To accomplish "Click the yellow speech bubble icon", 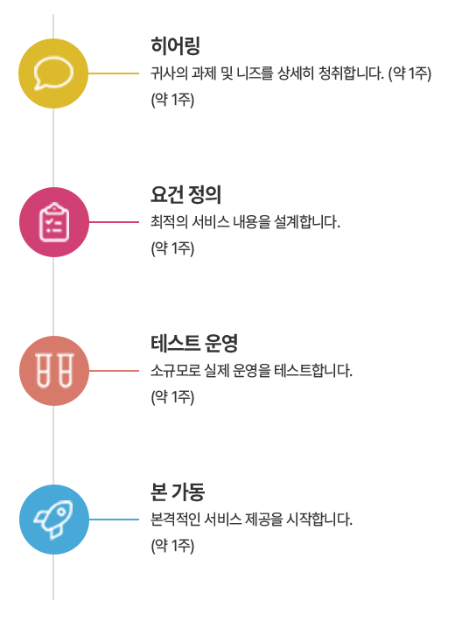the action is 53,73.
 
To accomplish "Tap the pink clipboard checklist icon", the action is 54,222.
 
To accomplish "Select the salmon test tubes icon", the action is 54,371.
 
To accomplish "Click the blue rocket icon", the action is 54,520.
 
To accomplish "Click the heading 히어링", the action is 175,45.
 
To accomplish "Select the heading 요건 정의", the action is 185,194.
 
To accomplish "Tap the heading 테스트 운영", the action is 193,343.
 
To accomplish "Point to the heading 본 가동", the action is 178,492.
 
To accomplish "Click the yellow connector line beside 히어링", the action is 114,73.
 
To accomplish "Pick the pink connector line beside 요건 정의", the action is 114,222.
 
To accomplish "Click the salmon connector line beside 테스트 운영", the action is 114,371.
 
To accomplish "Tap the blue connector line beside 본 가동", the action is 114,520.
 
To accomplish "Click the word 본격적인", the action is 176,520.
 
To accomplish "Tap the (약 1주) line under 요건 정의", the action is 172,248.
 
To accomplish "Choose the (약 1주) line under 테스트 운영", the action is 172,397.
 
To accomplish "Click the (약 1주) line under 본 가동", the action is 172,546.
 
